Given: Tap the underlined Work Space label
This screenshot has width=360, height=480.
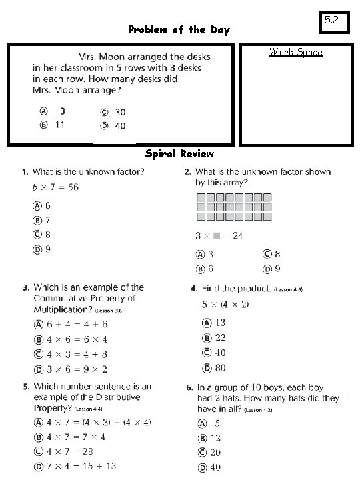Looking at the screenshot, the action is [x=295, y=52].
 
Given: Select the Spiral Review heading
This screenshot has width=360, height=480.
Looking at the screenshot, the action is [x=180, y=154].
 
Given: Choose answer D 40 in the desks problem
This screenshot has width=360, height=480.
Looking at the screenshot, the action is [x=113, y=125].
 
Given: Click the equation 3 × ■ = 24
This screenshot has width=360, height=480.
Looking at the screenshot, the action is [x=219, y=235].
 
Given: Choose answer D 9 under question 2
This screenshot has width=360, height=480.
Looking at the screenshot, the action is [x=271, y=268].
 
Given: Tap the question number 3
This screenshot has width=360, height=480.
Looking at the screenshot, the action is [x=25, y=288].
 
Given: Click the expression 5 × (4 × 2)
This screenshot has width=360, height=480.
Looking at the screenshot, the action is [x=226, y=304].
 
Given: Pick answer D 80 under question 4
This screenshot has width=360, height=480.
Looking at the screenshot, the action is [x=215, y=367].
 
